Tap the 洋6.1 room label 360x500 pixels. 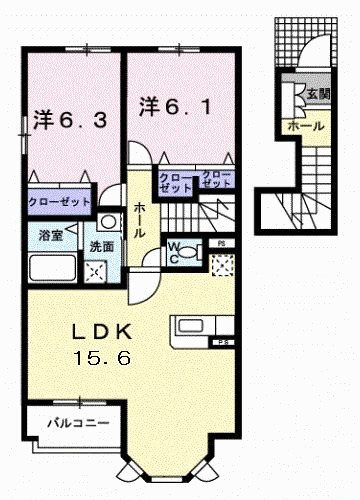tap(174, 104)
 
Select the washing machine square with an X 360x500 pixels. tap(98, 268)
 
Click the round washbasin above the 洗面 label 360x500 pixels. tap(106, 221)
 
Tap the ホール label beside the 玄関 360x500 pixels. tap(304, 127)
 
